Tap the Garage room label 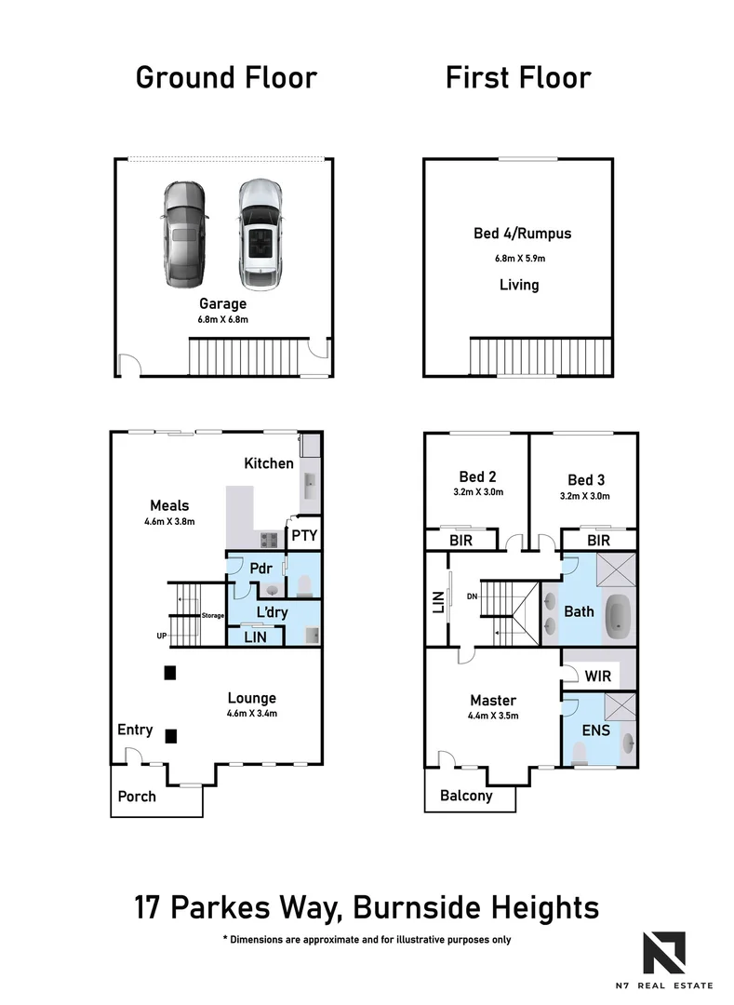click(x=221, y=303)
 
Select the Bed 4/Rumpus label click(x=522, y=234)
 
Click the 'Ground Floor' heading click(x=226, y=77)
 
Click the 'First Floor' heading click(x=518, y=77)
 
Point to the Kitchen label click(x=269, y=462)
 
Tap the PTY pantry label click(x=304, y=535)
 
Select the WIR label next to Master click(x=598, y=676)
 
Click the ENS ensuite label click(x=595, y=731)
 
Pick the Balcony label click(x=466, y=796)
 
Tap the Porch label click(x=137, y=797)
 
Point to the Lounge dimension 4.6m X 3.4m click(x=252, y=714)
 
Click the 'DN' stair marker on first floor click(x=474, y=597)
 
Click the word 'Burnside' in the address click(x=434, y=907)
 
